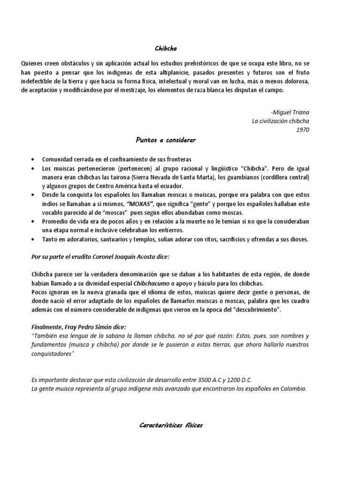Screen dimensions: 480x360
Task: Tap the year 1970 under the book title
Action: pyautogui.click(x=303, y=130)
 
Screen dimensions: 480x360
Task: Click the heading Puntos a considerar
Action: pyautogui.click(x=166, y=140)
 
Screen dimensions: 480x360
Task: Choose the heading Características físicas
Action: pyautogui.click(x=171, y=425)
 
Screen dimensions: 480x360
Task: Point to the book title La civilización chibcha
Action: pyautogui.click(x=281, y=121)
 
